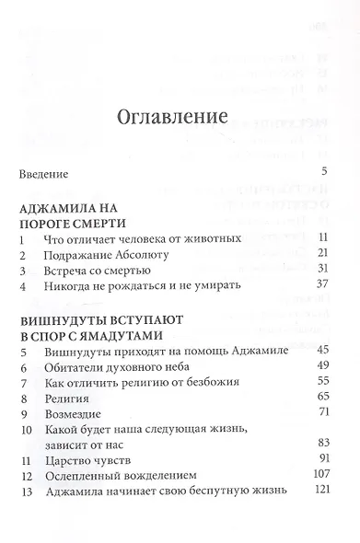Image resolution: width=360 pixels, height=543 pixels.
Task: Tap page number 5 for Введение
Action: click(x=324, y=171)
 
